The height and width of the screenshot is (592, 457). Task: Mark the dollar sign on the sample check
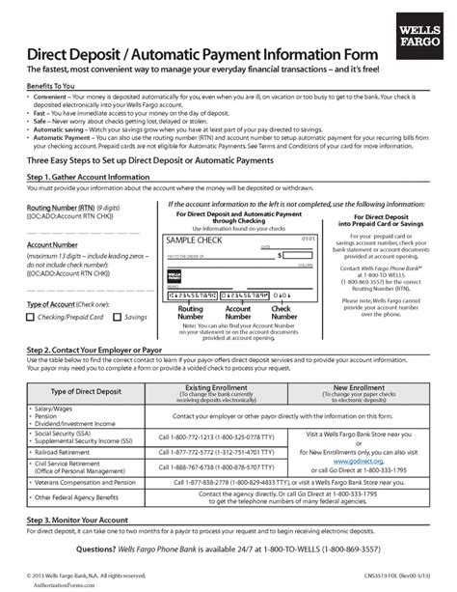tap(280, 256)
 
